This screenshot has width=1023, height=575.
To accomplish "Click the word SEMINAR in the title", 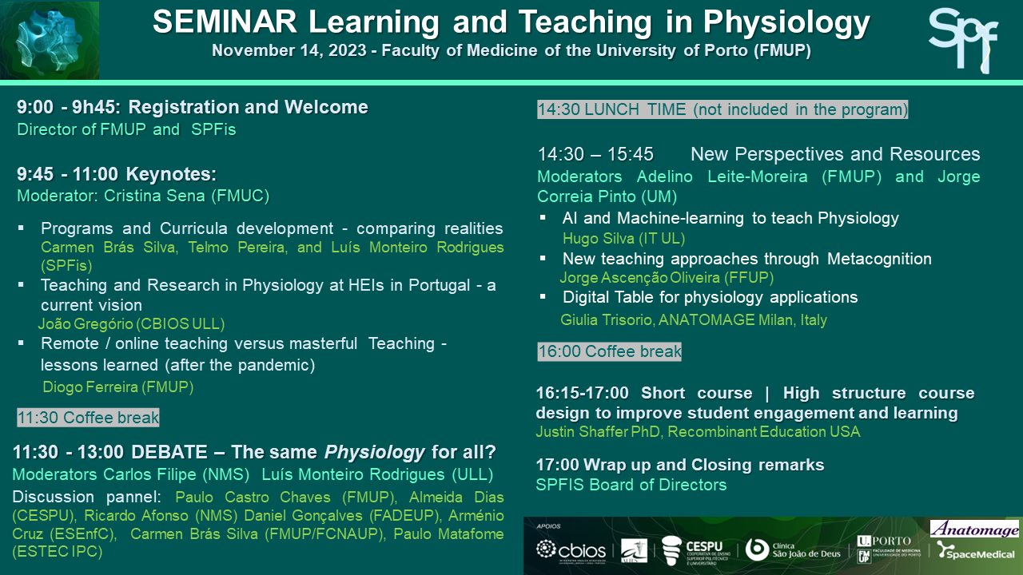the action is [225, 22].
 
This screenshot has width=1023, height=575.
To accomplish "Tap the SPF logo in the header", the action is [963, 40].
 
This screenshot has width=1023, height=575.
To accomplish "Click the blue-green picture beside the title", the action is [50, 41].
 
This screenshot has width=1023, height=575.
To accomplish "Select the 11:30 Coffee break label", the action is [88, 418].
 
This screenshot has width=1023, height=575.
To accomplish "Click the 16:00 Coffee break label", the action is [609, 352].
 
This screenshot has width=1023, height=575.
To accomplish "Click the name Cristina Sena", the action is [154, 196].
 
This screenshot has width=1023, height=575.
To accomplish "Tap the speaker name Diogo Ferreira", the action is [90, 387].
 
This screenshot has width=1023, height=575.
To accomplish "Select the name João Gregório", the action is [86, 323].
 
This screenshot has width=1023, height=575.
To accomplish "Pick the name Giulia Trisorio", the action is [607, 319].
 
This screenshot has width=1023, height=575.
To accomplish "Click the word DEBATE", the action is [169, 452].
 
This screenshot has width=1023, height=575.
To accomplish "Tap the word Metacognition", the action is [879, 259].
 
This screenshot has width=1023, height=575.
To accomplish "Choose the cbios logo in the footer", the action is [571, 551].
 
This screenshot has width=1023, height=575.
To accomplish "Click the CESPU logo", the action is [695, 551].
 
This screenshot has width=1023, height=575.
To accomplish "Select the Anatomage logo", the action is [974, 529].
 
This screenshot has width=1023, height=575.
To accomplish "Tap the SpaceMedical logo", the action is [976, 550].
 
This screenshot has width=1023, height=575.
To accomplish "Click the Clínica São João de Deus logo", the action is [793, 550].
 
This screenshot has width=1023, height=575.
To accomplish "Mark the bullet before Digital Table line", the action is [543, 297].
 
